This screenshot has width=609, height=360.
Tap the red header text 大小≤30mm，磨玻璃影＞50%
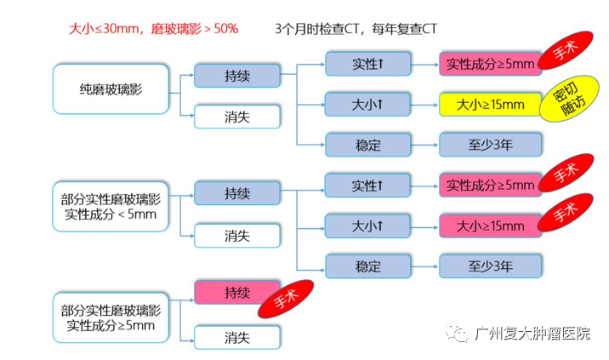(153, 28)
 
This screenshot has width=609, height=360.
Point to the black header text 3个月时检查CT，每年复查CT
(358, 28)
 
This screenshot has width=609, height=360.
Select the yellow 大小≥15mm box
(490, 105)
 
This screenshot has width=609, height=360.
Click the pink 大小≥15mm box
(490, 226)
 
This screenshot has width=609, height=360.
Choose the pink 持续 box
(237, 293)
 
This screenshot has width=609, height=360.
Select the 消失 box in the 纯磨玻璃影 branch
(237, 117)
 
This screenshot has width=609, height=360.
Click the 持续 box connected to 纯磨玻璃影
(237, 75)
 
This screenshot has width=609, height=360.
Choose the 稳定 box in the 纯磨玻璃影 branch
(367, 144)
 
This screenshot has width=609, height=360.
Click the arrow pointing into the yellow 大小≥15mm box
(424, 105)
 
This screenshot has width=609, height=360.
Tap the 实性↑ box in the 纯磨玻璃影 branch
(367, 64)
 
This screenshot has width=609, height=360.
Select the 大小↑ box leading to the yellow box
(367, 105)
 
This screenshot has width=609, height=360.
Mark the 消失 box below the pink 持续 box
(237, 337)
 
